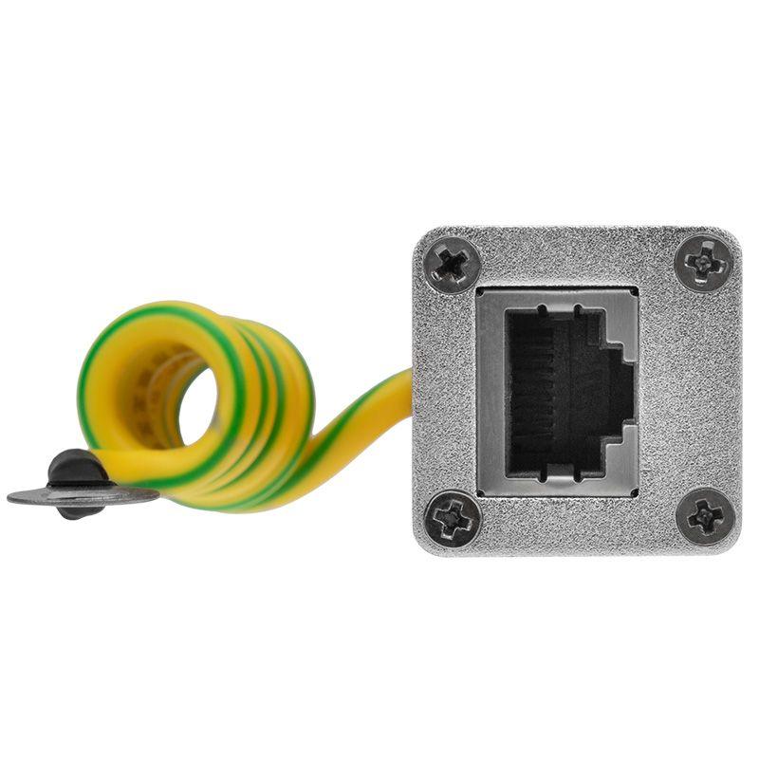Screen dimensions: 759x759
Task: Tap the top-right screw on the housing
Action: click(x=706, y=261)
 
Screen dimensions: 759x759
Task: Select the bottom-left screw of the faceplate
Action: click(x=450, y=518)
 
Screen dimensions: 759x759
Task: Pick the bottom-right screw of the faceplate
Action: click(x=706, y=516)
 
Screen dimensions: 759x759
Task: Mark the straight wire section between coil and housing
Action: click(x=356, y=417)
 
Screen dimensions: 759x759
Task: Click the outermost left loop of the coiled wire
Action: click(x=95, y=398)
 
